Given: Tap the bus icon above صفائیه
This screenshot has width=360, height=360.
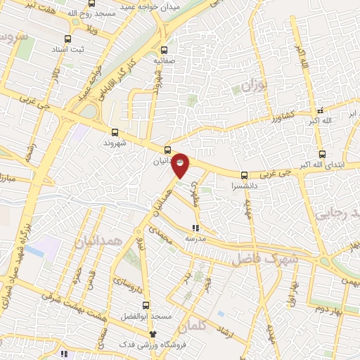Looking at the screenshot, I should coord(165,50).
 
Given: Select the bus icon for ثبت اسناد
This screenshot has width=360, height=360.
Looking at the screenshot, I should coord(67,39).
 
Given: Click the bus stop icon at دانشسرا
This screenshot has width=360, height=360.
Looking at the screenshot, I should coord(244,176).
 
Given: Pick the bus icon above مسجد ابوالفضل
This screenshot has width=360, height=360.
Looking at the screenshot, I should coord(146,305).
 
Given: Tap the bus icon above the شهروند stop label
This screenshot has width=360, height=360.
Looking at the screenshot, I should coord(115,131).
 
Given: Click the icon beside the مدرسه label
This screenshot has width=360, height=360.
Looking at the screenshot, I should coord(196,227).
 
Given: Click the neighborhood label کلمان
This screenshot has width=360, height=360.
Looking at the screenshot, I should coord(194,328).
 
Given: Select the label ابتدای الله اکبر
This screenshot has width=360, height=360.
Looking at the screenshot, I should coord(324,165).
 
